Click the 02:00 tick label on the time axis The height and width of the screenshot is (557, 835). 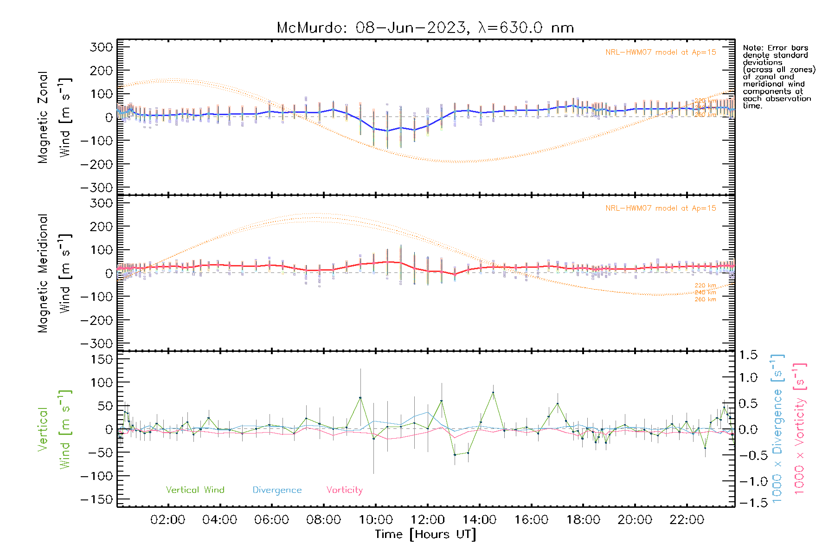pos(168,520)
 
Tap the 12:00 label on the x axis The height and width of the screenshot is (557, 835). pos(428,520)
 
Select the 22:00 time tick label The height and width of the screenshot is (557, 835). pos(687,520)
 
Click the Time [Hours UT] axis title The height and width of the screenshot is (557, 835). pos(425,534)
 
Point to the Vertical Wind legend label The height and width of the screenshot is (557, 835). pos(195,490)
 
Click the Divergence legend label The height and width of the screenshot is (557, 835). pos(277,490)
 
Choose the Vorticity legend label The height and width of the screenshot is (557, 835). pos(344,490)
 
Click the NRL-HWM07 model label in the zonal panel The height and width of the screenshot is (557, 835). pos(661,52)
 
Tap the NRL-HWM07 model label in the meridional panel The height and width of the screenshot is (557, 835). pos(661,208)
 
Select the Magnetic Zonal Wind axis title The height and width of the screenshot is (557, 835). pos(55,117)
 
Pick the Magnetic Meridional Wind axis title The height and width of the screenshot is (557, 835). pos(55,273)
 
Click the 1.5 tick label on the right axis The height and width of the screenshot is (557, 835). pos(748,355)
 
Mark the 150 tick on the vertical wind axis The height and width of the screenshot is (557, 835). pos(102,359)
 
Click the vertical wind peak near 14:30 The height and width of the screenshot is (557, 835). pos(493,392)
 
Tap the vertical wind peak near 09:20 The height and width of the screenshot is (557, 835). pos(360,398)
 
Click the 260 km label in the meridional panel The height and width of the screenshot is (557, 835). pos(705,299)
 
